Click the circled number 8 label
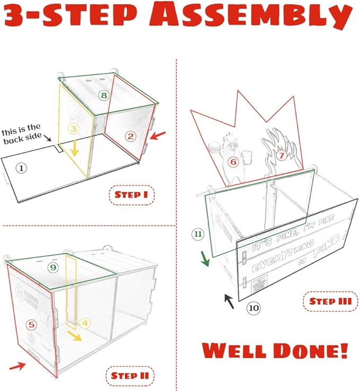pyautogui.click(x=104, y=95)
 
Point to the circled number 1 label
pyautogui.click(x=21, y=168)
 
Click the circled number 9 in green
pyautogui.click(x=52, y=268)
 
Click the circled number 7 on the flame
pyautogui.click(x=282, y=155)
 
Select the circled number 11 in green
pyautogui.click(x=198, y=234)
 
